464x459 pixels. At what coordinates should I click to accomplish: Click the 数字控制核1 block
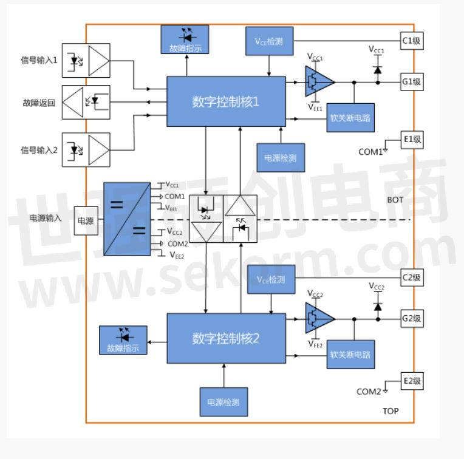226,101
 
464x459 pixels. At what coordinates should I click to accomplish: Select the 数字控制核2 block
226,338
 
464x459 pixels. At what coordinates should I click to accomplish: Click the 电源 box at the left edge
85,222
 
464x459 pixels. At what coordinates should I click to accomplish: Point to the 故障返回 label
39,103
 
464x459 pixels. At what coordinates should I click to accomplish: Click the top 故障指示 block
185,39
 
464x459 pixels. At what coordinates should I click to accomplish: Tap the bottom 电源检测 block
223,401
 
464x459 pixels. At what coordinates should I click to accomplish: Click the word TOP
391,411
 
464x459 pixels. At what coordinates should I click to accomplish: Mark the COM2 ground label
369,391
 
